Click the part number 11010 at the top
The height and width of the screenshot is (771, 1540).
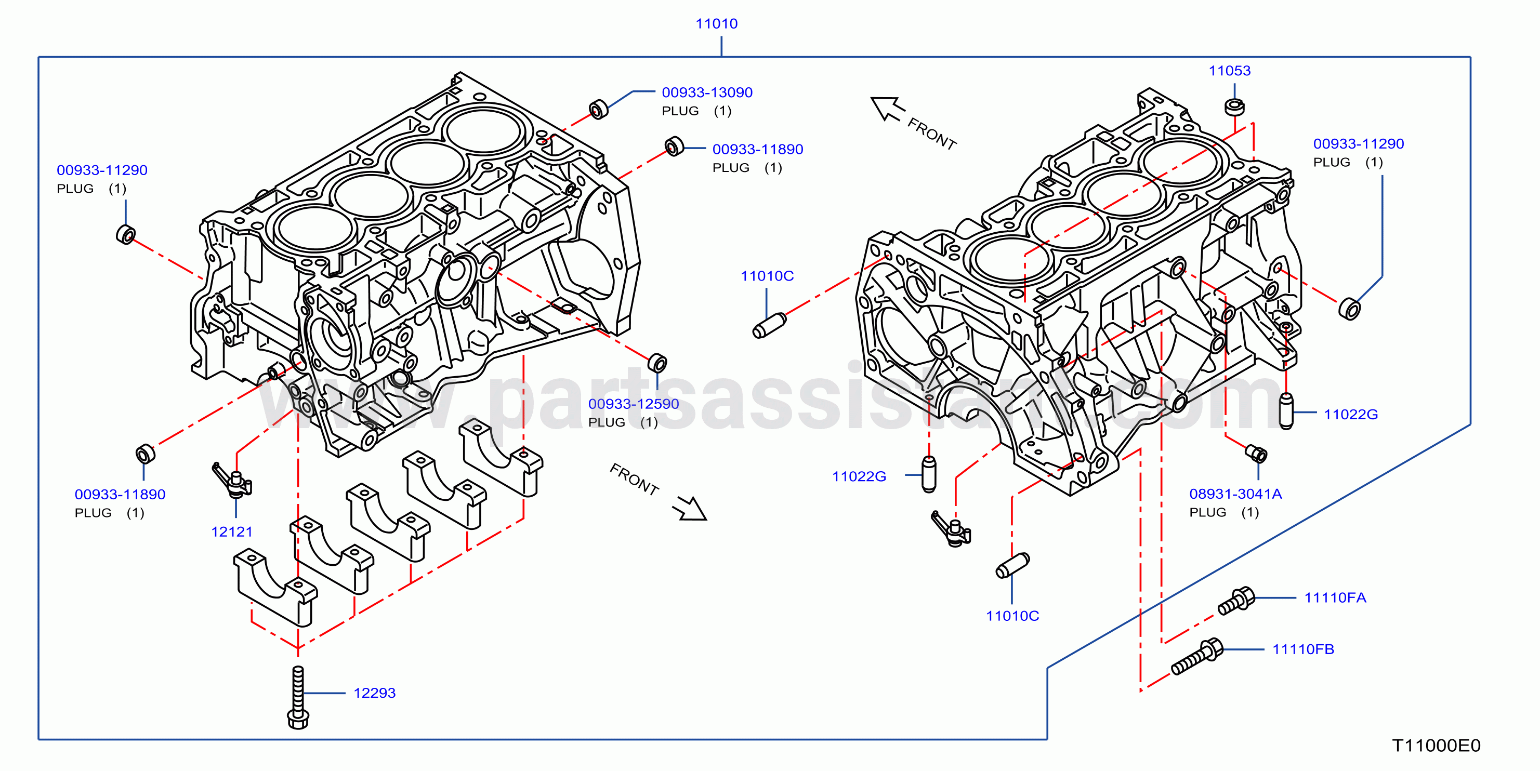[x=716, y=24]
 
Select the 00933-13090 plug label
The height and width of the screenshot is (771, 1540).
[x=707, y=92]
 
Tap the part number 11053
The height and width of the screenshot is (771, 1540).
[x=1229, y=71]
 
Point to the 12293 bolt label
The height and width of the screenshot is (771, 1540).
[x=374, y=693]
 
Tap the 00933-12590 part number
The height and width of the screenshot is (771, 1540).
[x=633, y=404]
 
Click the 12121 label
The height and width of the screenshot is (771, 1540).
[x=231, y=531]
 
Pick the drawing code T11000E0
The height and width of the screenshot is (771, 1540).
[x=1436, y=746]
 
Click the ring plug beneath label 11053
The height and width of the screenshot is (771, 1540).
[x=1234, y=107]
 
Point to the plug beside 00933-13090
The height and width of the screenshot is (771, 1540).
[x=598, y=110]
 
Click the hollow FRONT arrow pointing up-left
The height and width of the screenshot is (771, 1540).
[x=888, y=108]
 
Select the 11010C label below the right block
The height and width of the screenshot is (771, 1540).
[x=1012, y=616]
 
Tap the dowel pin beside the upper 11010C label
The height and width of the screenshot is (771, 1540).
[x=769, y=326]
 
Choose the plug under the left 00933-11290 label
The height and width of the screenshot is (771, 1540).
[x=126, y=234]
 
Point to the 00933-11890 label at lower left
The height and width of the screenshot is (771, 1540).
[x=120, y=494]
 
